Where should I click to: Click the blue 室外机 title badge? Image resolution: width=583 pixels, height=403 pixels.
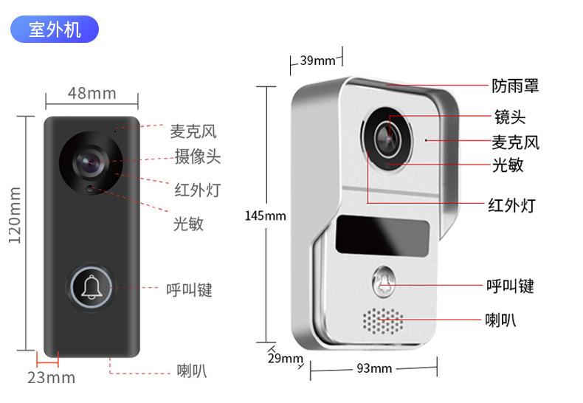point(55,30)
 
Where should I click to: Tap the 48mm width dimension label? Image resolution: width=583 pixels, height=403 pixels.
point(92,93)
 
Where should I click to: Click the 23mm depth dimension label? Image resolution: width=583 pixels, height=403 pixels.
point(51,377)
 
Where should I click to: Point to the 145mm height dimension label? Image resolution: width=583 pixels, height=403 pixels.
point(265,216)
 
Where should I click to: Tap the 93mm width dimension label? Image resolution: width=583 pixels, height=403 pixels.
point(373,368)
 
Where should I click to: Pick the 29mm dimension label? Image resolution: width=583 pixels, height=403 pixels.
point(285,359)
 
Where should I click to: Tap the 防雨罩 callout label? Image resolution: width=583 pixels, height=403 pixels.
point(515,86)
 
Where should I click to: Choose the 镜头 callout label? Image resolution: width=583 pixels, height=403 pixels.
point(509,117)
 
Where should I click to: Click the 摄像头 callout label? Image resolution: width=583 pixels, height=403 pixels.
point(197,156)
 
